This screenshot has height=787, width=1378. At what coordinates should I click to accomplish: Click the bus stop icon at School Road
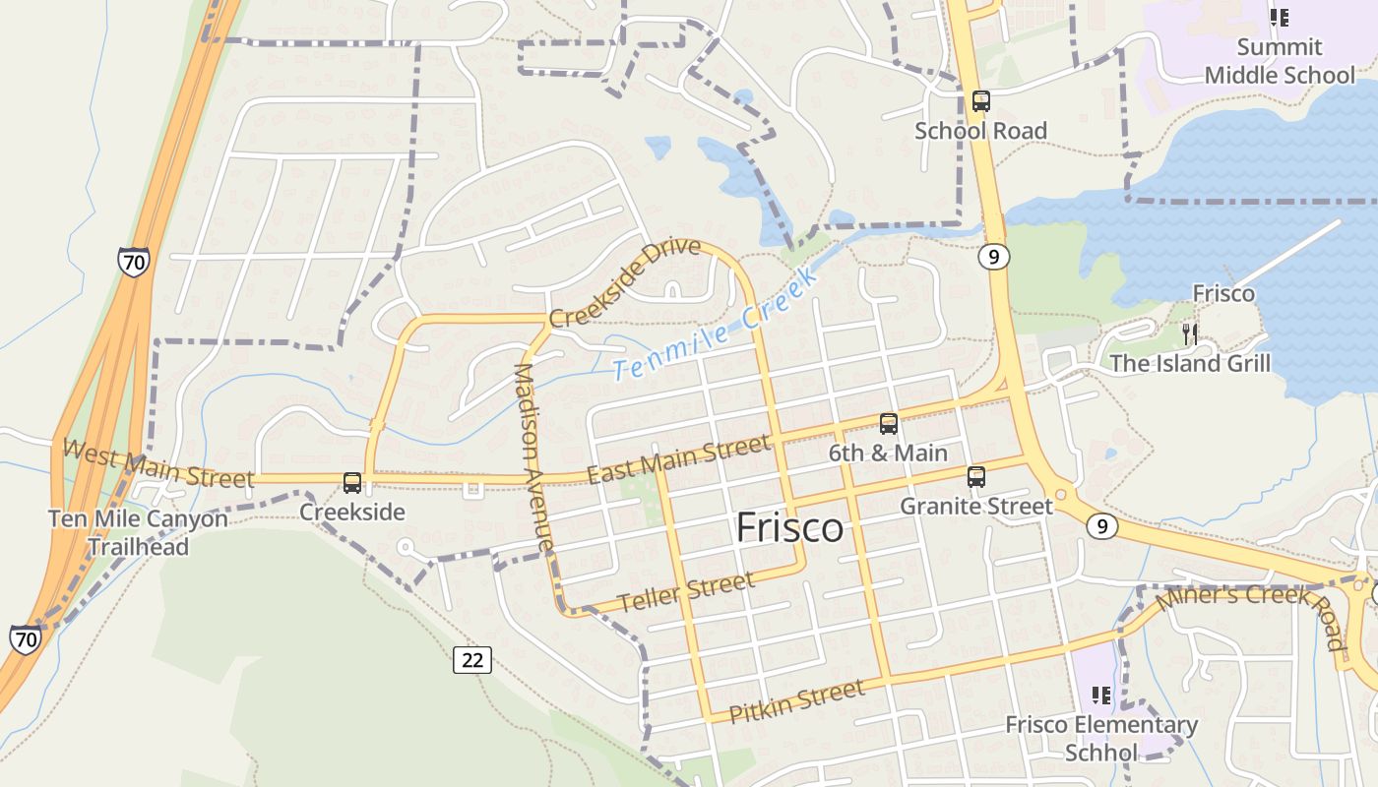(x=980, y=100)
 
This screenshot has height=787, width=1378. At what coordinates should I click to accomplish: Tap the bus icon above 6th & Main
(x=888, y=424)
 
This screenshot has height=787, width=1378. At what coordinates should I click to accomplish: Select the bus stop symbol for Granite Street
(x=975, y=477)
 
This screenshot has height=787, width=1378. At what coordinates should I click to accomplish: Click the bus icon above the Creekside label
(x=351, y=483)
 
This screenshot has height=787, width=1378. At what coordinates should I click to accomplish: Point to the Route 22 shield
(x=472, y=659)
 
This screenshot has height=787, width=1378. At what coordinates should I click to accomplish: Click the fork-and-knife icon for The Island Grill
(x=1190, y=333)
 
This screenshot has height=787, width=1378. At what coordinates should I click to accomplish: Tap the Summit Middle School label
(x=1280, y=61)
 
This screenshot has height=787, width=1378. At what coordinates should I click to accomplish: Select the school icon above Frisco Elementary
(x=1101, y=696)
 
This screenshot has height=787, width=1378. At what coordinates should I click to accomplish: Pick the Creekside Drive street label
(x=625, y=283)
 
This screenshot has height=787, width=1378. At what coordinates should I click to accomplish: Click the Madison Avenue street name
(x=532, y=457)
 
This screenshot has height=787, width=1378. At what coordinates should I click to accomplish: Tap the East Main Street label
(x=678, y=460)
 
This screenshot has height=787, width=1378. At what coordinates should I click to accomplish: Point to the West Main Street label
(x=157, y=464)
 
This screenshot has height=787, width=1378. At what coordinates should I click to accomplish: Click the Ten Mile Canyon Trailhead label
(x=138, y=532)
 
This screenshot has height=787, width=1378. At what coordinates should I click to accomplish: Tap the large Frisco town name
(x=789, y=528)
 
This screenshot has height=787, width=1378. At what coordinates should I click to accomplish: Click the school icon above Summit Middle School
(x=1279, y=17)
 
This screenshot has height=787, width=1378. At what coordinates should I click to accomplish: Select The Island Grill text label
(x=1190, y=363)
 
